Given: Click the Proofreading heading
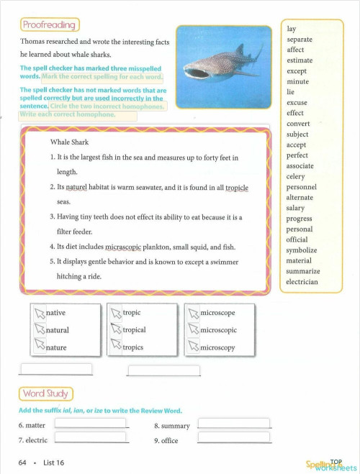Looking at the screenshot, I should [49, 25].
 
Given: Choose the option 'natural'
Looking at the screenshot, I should [57, 330].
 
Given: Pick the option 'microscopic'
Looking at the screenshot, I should [218, 330].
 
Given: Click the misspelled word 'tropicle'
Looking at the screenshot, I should [236, 187].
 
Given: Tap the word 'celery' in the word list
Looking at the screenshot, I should [296, 176].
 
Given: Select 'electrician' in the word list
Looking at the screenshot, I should [302, 282].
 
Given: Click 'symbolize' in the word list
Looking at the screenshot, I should [301, 250].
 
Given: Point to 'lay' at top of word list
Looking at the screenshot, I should [291, 29].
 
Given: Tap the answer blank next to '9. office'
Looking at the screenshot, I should [234, 438].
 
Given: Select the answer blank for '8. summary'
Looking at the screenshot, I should [234, 424].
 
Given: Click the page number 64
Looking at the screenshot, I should [23, 462].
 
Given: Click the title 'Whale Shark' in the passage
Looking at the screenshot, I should [69, 142].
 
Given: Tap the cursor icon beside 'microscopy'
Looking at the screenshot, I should [192, 347].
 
